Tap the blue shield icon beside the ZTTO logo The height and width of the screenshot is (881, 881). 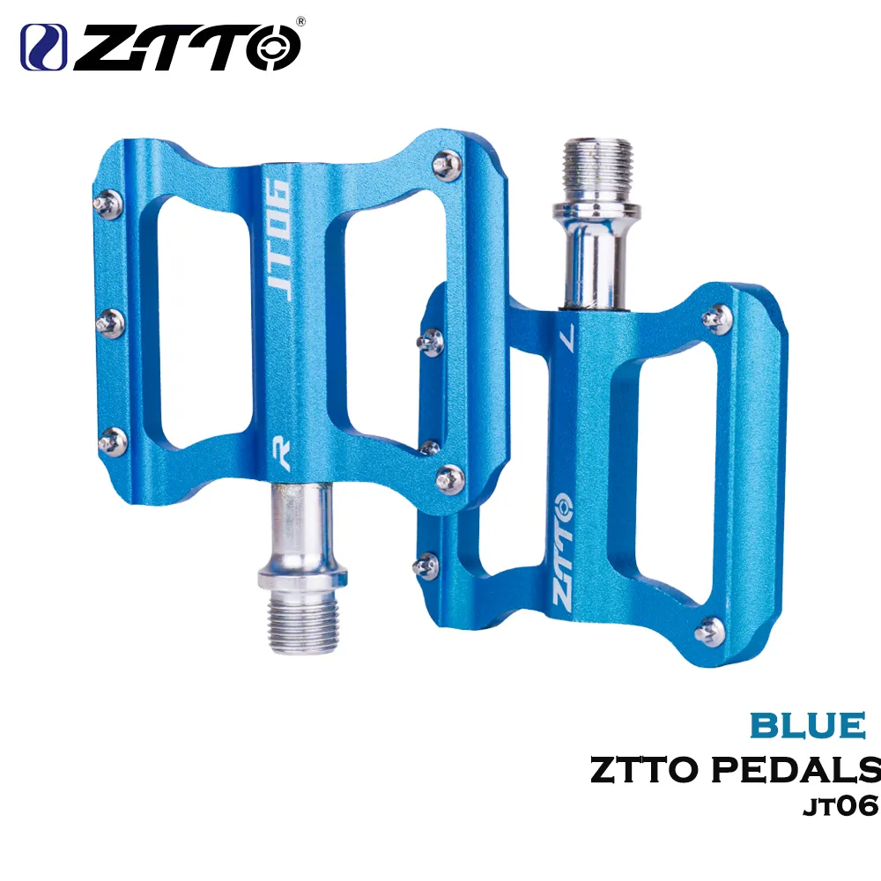[43, 48]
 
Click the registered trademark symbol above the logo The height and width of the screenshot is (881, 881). [300, 21]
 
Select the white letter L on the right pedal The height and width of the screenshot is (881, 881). [568, 337]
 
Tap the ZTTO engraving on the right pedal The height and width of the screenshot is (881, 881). [562, 553]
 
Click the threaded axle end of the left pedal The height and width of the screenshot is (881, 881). [302, 624]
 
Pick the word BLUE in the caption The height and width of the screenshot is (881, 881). [807, 725]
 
